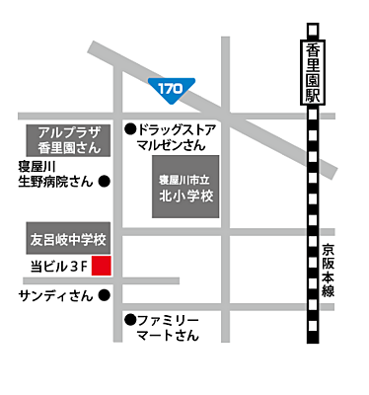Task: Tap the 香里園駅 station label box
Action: (313, 69)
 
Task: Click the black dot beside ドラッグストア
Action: (129, 128)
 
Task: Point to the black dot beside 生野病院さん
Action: (105, 182)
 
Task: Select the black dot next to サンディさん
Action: (105, 294)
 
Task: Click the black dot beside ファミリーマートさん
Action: (129, 319)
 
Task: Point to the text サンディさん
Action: (55, 295)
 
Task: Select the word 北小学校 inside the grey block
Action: (187, 196)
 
